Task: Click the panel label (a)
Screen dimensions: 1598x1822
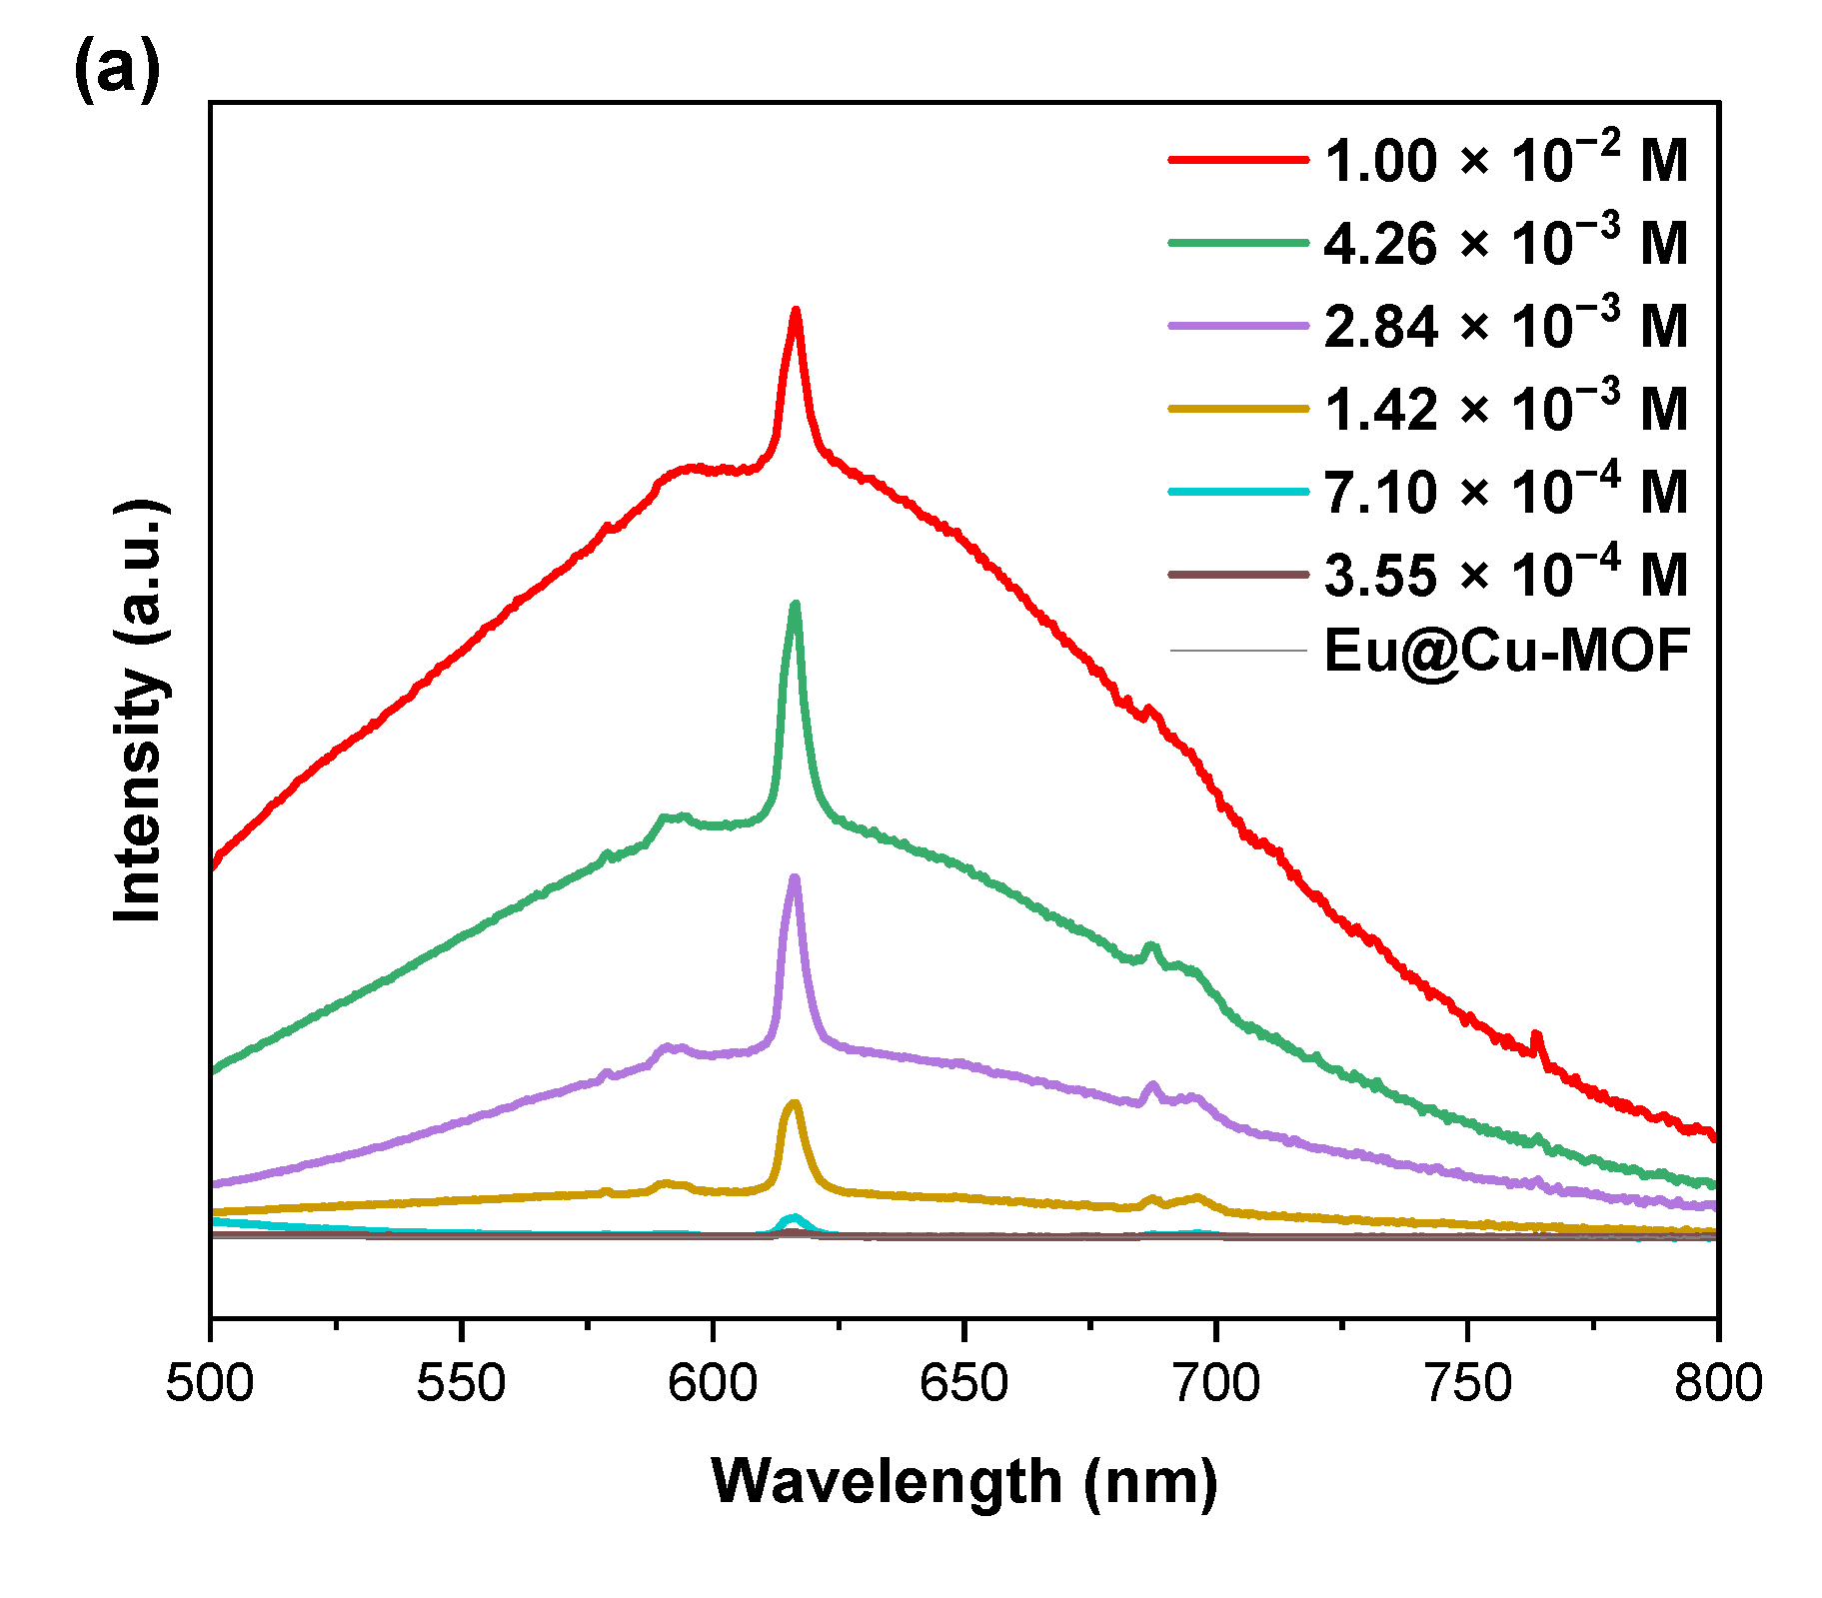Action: (x=116, y=71)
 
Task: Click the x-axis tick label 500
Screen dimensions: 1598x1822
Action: (x=210, y=1384)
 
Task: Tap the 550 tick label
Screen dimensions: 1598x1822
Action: (x=461, y=1384)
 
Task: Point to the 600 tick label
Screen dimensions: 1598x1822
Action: (x=713, y=1384)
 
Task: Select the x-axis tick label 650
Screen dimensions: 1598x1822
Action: (x=963, y=1384)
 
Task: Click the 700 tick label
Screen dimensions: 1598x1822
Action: (x=1215, y=1384)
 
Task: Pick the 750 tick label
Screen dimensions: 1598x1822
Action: (x=1466, y=1384)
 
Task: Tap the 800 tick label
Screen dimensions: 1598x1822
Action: (x=1717, y=1384)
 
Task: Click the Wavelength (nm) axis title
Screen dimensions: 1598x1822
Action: (x=964, y=1481)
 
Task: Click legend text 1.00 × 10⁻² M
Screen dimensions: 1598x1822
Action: (x=1505, y=160)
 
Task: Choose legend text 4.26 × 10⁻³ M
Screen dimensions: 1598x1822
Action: (x=1505, y=243)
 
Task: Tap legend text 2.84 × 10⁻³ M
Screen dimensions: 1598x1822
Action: (x=1505, y=326)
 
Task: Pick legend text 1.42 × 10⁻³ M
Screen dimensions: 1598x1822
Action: (x=1505, y=409)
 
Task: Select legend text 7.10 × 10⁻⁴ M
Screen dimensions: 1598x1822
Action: (x=1505, y=492)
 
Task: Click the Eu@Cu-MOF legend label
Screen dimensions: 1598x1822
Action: (x=1505, y=651)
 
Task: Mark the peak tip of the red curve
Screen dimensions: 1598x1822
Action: (x=796, y=311)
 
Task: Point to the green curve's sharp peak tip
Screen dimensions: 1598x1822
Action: (x=796, y=605)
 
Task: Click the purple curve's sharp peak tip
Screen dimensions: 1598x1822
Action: (x=795, y=878)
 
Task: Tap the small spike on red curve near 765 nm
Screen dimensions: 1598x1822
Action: (x=1537, y=1036)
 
